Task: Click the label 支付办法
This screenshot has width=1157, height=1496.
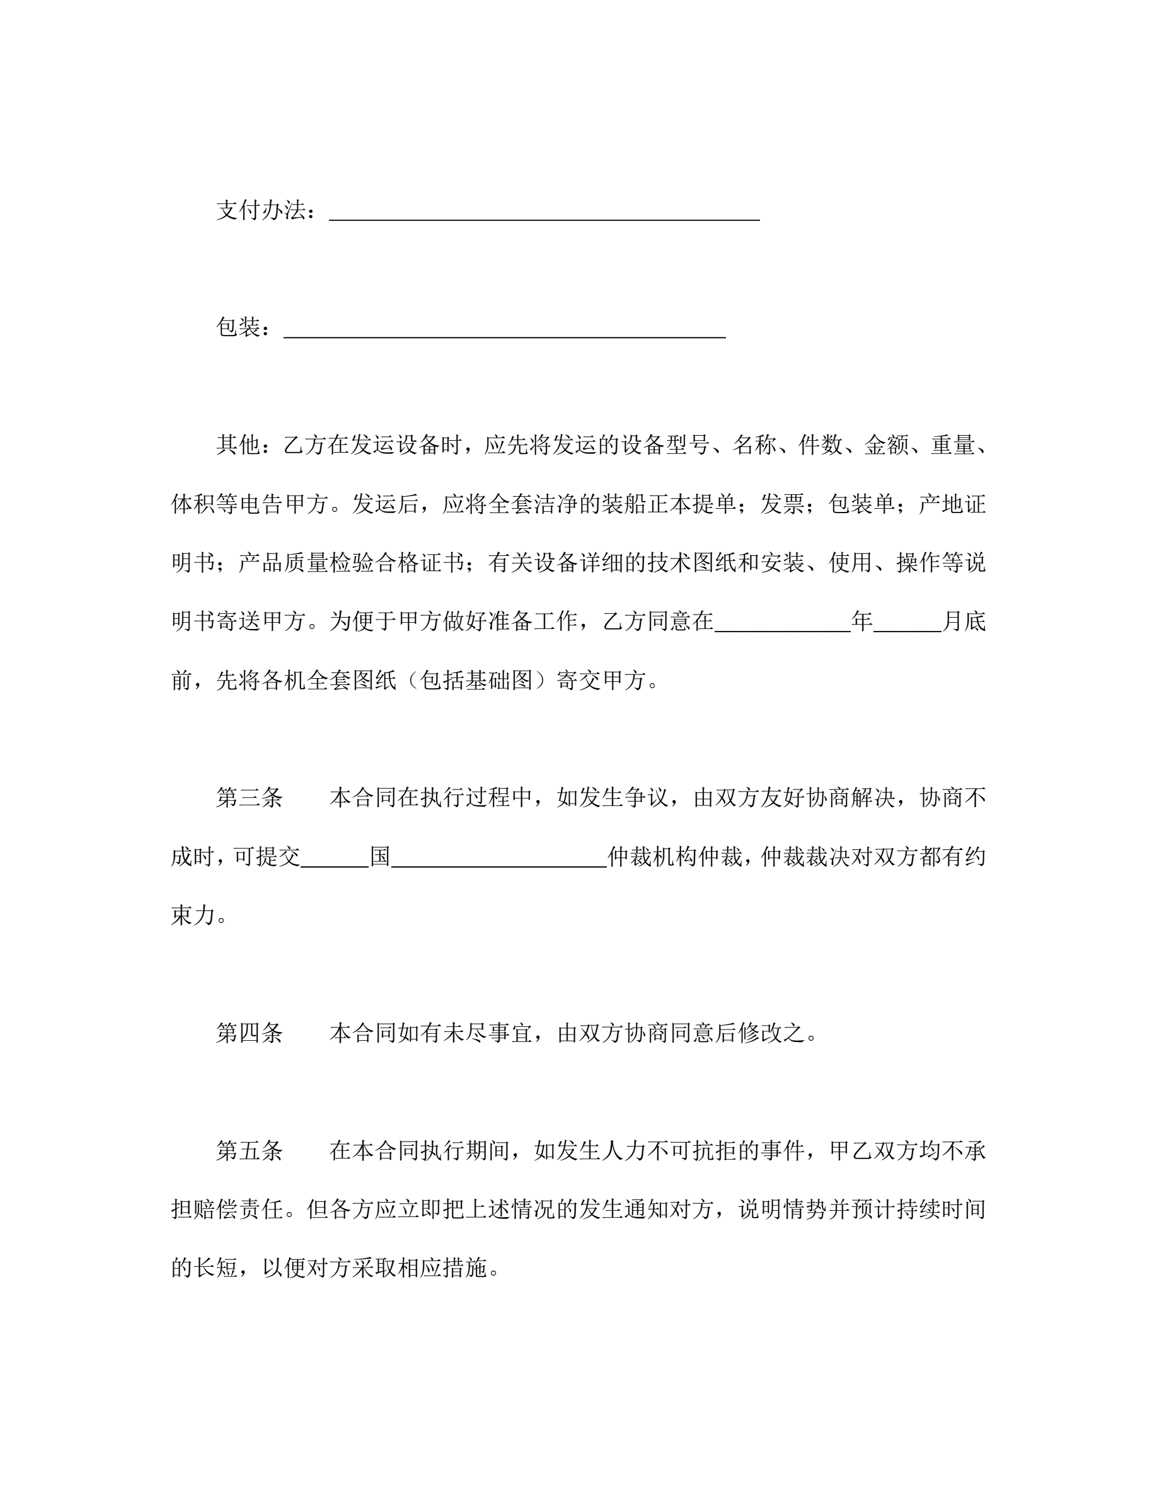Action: pos(260,210)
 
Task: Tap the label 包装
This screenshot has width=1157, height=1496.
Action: pos(239,327)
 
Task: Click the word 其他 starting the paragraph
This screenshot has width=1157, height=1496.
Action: pos(239,445)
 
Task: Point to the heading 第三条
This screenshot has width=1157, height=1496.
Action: pos(250,798)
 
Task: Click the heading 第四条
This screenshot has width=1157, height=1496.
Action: pos(250,1033)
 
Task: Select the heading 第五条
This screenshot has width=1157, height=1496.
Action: pos(250,1151)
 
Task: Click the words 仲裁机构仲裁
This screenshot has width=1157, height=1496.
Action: pos(675,857)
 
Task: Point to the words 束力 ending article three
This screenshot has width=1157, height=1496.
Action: pos(193,916)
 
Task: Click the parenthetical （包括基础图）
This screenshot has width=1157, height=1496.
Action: pos(477,680)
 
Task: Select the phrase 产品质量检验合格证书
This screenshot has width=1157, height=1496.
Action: pos(352,563)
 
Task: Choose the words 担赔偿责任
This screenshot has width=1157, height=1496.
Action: pos(227,1210)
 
